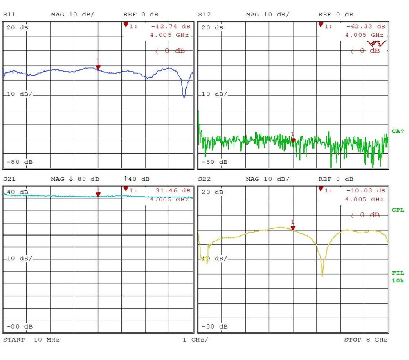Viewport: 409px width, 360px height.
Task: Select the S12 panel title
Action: (x=204, y=15)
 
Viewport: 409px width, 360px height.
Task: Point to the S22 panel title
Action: (x=204, y=179)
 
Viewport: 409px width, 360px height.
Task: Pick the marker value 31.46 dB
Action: (x=173, y=191)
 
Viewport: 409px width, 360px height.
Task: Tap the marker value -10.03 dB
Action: (x=366, y=191)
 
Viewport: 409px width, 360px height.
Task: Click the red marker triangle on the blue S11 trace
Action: (x=98, y=67)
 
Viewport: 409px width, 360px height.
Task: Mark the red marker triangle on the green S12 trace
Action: (x=293, y=140)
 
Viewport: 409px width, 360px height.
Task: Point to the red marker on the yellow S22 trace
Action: (x=293, y=228)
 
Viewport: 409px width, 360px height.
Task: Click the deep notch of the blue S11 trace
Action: (x=184, y=97)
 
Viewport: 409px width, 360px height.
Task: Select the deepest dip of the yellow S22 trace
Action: (x=322, y=275)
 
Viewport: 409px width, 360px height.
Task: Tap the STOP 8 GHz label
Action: (x=365, y=340)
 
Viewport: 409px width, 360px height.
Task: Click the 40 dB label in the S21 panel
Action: (x=18, y=192)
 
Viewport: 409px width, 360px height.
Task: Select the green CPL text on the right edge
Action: (x=398, y=210)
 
